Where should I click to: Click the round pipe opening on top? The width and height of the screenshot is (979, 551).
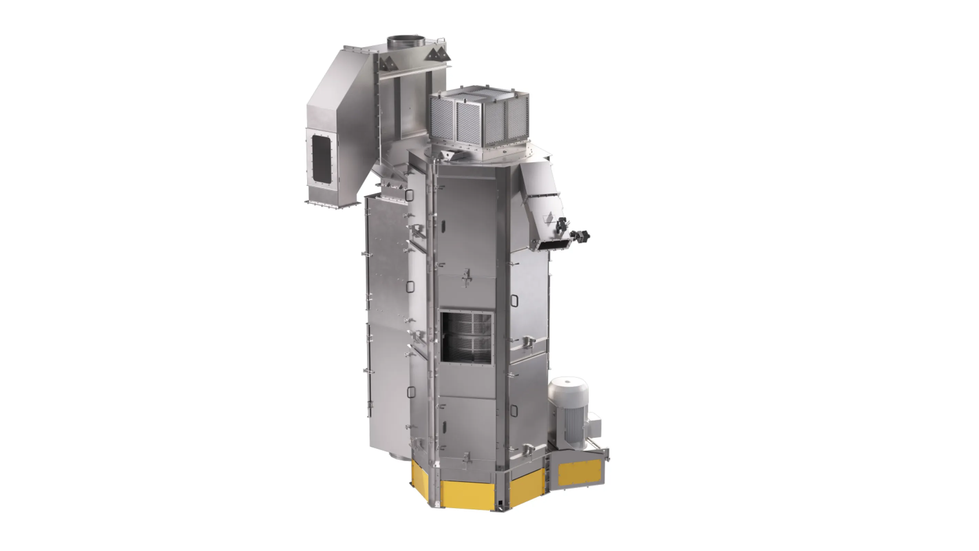pyautogui.click(x=406, y=40)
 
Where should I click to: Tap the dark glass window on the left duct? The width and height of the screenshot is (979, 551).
pyautogui.click(x=322, y=159)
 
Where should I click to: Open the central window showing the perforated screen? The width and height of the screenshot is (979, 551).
pyautogui.click(x=467, y=337)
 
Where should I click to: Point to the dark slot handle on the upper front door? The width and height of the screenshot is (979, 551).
pyautogui.click(x=443, y=227)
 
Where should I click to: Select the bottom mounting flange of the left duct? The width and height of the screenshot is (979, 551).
pyautogui.click(x=332, y=204)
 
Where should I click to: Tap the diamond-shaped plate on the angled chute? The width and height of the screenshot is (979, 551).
pyautogui.click(x=548, y=218)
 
